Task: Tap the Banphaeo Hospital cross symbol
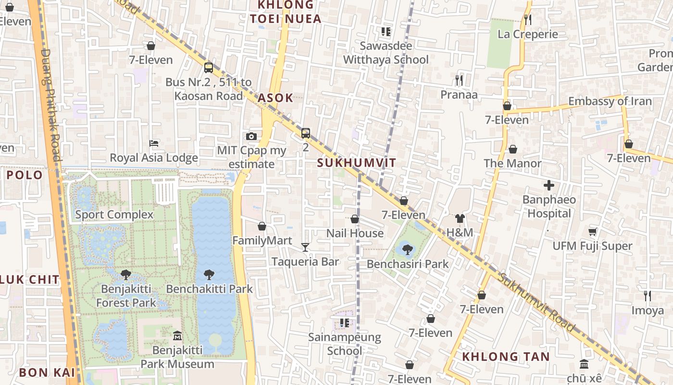(x=549, y=185)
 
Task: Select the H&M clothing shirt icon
(x=460, y=218)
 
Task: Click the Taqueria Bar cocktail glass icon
(x=305, y=247)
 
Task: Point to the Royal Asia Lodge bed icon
(x=154, y=143)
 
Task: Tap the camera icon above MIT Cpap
(x=251, y=137)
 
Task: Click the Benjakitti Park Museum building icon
(x=177, y=335)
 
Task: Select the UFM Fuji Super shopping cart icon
(x=593, y=231)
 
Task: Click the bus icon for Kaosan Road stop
(x=209, y=68)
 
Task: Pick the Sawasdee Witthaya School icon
(x=386, y=32)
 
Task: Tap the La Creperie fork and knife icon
(x=528, y=20)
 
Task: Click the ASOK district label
(x=275, y=98)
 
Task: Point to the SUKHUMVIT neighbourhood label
(x=357, y=163)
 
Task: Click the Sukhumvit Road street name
(x=536, y=303)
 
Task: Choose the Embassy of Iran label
(x=610, y=101)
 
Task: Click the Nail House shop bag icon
(x=355, y=219)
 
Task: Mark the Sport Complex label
(x=114, y=215)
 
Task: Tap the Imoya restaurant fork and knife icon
(x=648, y=295)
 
